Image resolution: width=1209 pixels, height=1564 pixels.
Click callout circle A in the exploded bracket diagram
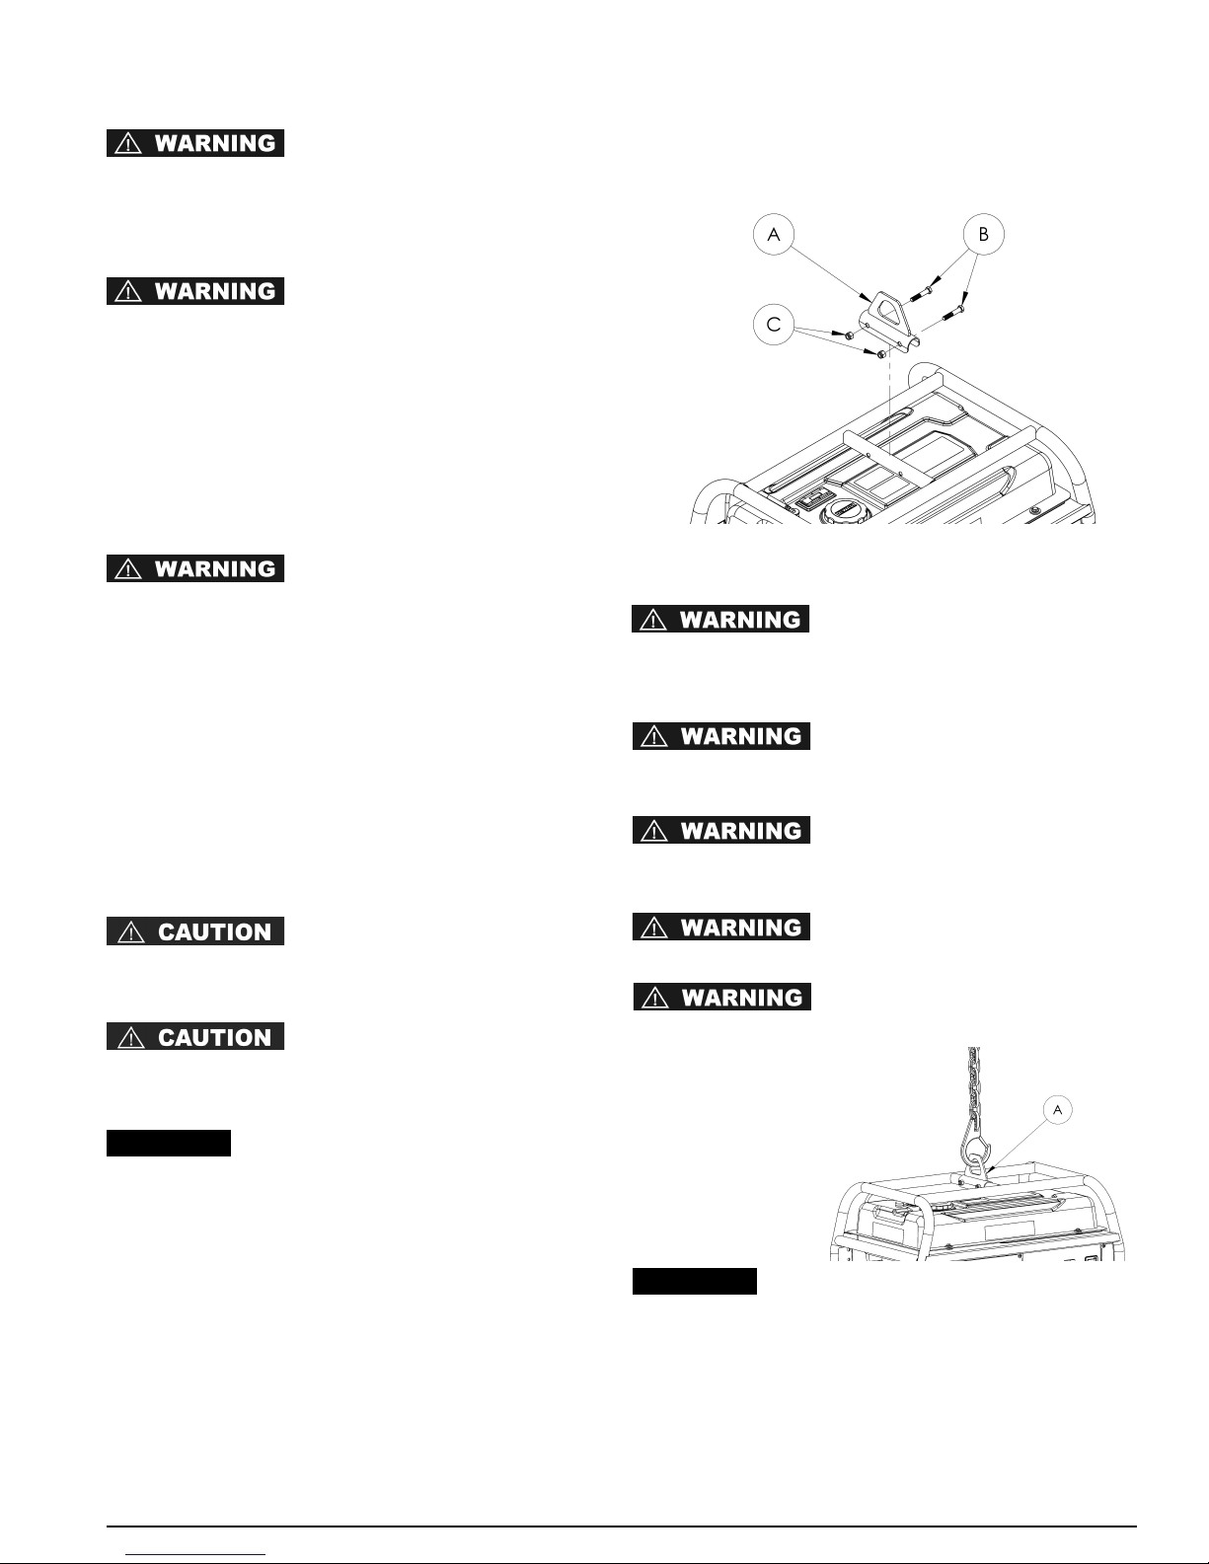[x=774, y=235]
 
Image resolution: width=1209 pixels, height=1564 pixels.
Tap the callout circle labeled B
[x=984, y=235]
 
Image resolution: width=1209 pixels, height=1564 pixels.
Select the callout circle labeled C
[x=774, y=325]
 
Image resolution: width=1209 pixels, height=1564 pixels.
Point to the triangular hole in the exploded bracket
[x=889, y=313]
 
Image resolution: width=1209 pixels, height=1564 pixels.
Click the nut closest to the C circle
[x=849, y=336]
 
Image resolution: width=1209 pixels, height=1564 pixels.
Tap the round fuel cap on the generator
[x=843, y=509]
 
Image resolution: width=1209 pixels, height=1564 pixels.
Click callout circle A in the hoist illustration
[x=1057, y=1110]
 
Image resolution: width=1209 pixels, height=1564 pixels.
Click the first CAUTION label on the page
[x=195, y=931]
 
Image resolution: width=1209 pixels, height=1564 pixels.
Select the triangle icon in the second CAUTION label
[x=128, y=1037]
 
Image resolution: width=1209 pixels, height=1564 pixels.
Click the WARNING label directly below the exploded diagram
[x=720, y=620]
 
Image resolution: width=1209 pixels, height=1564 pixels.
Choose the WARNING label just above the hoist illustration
[x=721, y=997]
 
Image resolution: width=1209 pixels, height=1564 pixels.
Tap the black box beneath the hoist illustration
[x=694, y=1281]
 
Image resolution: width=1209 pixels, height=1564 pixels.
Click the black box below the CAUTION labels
[x=169, y=1143]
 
